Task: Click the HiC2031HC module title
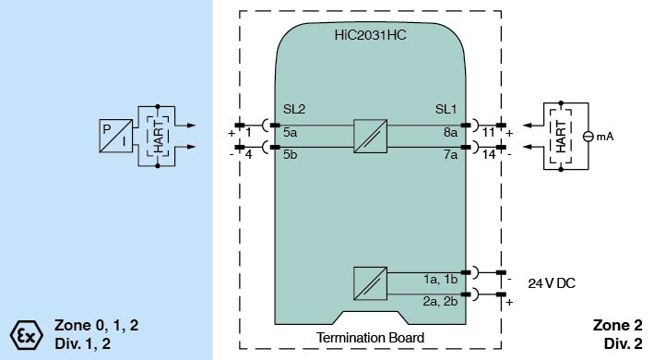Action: coord(370,35)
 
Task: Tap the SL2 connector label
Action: coord(294,109)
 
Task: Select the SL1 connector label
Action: coord(446,109)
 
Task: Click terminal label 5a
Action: coord(290,133)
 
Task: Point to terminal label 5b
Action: coord(290,154)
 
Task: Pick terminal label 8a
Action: coord(450,133)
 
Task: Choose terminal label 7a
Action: coord(450,155)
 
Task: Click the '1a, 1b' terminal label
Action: coord(440,280)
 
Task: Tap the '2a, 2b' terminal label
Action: coord(440,301)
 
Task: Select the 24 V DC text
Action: coord(552,283)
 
